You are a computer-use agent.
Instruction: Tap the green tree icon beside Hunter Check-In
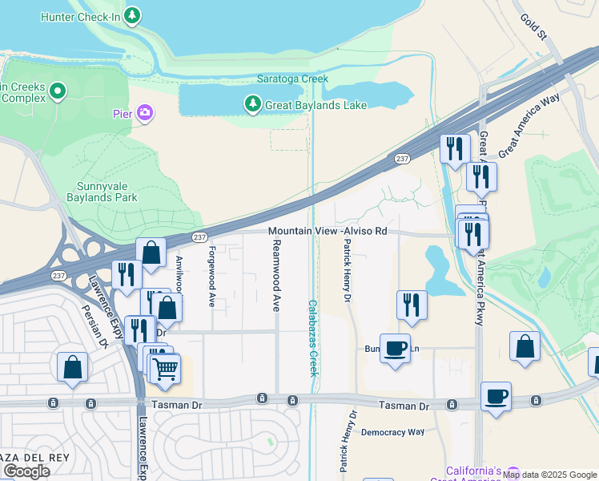[132, 14]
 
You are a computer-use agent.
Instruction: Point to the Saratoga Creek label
[292, 79]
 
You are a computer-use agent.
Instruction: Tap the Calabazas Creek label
[313, 338]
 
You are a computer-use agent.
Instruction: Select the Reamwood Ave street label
[276, 275]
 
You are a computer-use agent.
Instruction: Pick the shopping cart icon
[165, 369]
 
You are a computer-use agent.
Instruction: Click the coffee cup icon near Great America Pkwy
[496, 396]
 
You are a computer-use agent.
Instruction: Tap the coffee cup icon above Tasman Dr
[394, 349]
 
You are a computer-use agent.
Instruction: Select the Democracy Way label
[392, 432]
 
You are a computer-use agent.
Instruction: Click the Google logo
[26, 471]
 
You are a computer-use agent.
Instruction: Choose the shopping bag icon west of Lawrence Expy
[72, 367]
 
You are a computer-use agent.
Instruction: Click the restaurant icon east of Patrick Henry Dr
[412, 305]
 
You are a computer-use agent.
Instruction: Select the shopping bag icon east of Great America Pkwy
[525, 346]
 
